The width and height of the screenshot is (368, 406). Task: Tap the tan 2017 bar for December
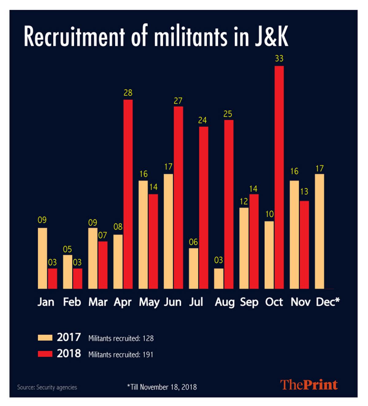click(x=319, y=231)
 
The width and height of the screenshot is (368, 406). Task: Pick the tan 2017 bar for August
click(x=219, y=279)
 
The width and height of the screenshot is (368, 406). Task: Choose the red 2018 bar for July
click(x=204, y=207)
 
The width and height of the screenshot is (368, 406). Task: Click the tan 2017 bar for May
click(x=143, y=234)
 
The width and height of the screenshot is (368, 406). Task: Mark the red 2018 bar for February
click(x=78, y=279)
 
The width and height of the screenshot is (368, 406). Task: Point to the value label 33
click(x=279, y=59)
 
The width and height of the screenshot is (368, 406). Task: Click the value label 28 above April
click(x=128, y=93)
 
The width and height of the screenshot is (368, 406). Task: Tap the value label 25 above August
click(x=228, y=114)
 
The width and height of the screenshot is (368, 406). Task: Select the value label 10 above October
click(x=269, y=214)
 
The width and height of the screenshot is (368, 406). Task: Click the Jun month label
click(x=173, y=302)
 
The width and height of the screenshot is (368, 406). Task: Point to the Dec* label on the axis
click(x=328, y=302)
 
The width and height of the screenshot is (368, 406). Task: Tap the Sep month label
click(x=249, y=302)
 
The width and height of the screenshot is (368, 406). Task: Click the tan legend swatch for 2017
click(x=45, y=338)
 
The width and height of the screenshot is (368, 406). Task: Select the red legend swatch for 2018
click(x=45, y=354)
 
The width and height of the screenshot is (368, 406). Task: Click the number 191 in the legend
click(x=148, y=355)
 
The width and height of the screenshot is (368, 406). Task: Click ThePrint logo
click(x=309, y=385)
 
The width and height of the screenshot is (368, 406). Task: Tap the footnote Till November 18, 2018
click(x=163, y=387)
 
